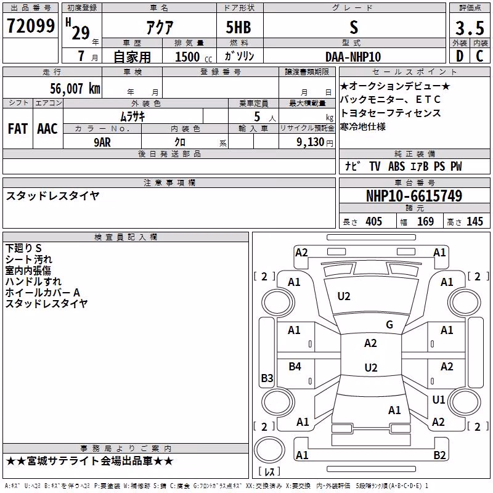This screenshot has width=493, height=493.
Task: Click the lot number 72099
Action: [31, 26]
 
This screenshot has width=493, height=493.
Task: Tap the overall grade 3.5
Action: [470, 28]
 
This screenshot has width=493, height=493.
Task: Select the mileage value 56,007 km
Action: [75, 88]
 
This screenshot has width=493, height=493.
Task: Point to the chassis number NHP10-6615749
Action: [414, 196]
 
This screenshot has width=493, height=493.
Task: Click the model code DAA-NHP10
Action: [353, 57]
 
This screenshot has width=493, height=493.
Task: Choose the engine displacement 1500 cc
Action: [193, 57]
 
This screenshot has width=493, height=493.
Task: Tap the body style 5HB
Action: [238, 27]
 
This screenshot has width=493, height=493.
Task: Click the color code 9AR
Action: [102, 142]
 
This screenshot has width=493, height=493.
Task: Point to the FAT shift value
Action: [18, 129]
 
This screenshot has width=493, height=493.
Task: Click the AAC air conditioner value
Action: [47, 129]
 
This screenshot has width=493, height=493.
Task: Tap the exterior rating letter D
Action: [460, 56]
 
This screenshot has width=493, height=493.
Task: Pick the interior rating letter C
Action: [479, 56]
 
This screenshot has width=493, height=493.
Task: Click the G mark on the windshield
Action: [389, 325]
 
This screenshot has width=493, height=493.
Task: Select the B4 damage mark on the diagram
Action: [295, 366]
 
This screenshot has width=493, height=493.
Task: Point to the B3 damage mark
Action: [267, 378]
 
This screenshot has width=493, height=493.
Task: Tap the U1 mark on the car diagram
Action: [438, 399]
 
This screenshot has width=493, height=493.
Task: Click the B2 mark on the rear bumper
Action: [439, 455]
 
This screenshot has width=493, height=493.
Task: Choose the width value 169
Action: [425, 221]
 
